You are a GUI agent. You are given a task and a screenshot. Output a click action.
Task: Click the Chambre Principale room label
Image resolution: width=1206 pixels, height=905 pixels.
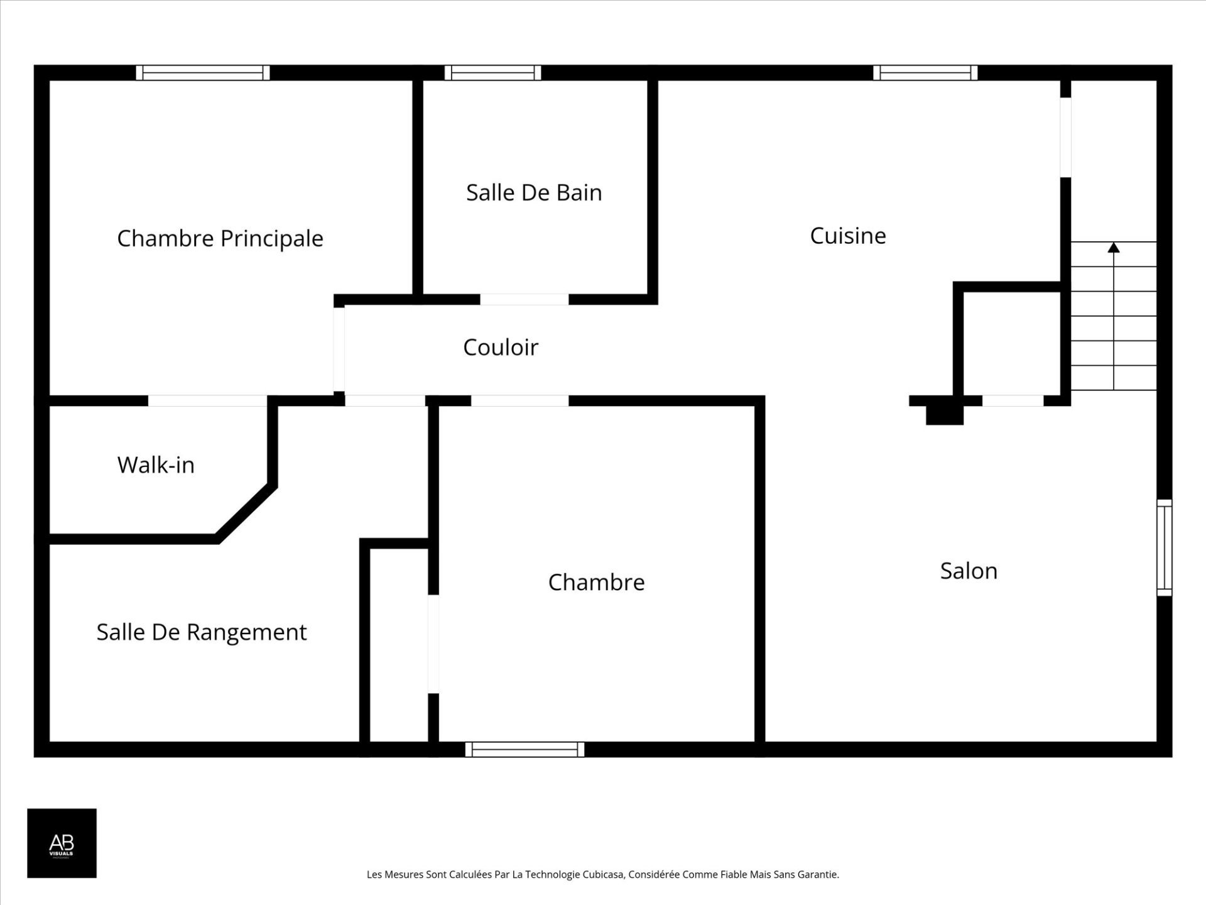(220, 239)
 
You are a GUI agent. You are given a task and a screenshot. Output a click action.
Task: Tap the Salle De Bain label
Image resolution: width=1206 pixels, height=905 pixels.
(534, 193)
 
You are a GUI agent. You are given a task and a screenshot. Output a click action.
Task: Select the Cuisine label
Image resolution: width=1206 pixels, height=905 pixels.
(848, 236)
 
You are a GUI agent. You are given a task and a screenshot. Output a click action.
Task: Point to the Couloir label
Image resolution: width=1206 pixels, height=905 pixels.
(501, 348)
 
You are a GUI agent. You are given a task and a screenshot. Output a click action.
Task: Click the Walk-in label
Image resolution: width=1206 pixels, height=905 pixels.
(156, 466)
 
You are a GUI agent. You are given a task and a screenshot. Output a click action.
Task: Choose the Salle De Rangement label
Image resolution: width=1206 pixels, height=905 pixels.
(202, 632)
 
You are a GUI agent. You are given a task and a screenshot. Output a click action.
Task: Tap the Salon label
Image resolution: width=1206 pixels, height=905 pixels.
(969, 571)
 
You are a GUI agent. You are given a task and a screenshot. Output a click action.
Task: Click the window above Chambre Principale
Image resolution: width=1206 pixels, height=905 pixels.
(203, 73)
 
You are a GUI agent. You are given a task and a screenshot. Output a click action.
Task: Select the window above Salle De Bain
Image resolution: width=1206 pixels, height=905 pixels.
(493, 73)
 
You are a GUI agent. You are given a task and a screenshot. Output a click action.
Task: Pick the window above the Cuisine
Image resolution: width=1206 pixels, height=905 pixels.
(925, 73)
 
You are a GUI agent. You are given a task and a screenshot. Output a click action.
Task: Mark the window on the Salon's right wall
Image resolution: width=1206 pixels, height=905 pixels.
(1164, 547)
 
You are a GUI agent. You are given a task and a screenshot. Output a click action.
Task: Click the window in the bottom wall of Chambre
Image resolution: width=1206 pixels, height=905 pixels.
(524, 749)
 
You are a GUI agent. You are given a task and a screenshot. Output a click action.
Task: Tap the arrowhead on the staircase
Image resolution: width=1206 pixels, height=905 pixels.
(1114, 248)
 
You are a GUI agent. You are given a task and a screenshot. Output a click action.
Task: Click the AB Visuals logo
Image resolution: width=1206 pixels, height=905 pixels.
(62, 843)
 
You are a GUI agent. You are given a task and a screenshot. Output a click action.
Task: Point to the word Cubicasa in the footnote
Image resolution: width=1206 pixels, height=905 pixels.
(604, 874)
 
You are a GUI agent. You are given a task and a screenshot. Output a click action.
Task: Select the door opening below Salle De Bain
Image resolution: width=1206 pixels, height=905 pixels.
(524, 300)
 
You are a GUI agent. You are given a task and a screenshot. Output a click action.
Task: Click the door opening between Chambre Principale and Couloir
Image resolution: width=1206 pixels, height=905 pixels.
(339, 349)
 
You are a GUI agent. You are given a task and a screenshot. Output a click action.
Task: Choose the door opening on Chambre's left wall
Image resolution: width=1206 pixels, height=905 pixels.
(433, 644)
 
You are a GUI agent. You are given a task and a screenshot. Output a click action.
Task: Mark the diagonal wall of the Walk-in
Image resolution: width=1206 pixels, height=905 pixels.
(246, 513)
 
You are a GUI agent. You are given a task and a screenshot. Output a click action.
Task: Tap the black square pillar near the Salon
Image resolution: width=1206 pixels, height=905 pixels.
(945, 415)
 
